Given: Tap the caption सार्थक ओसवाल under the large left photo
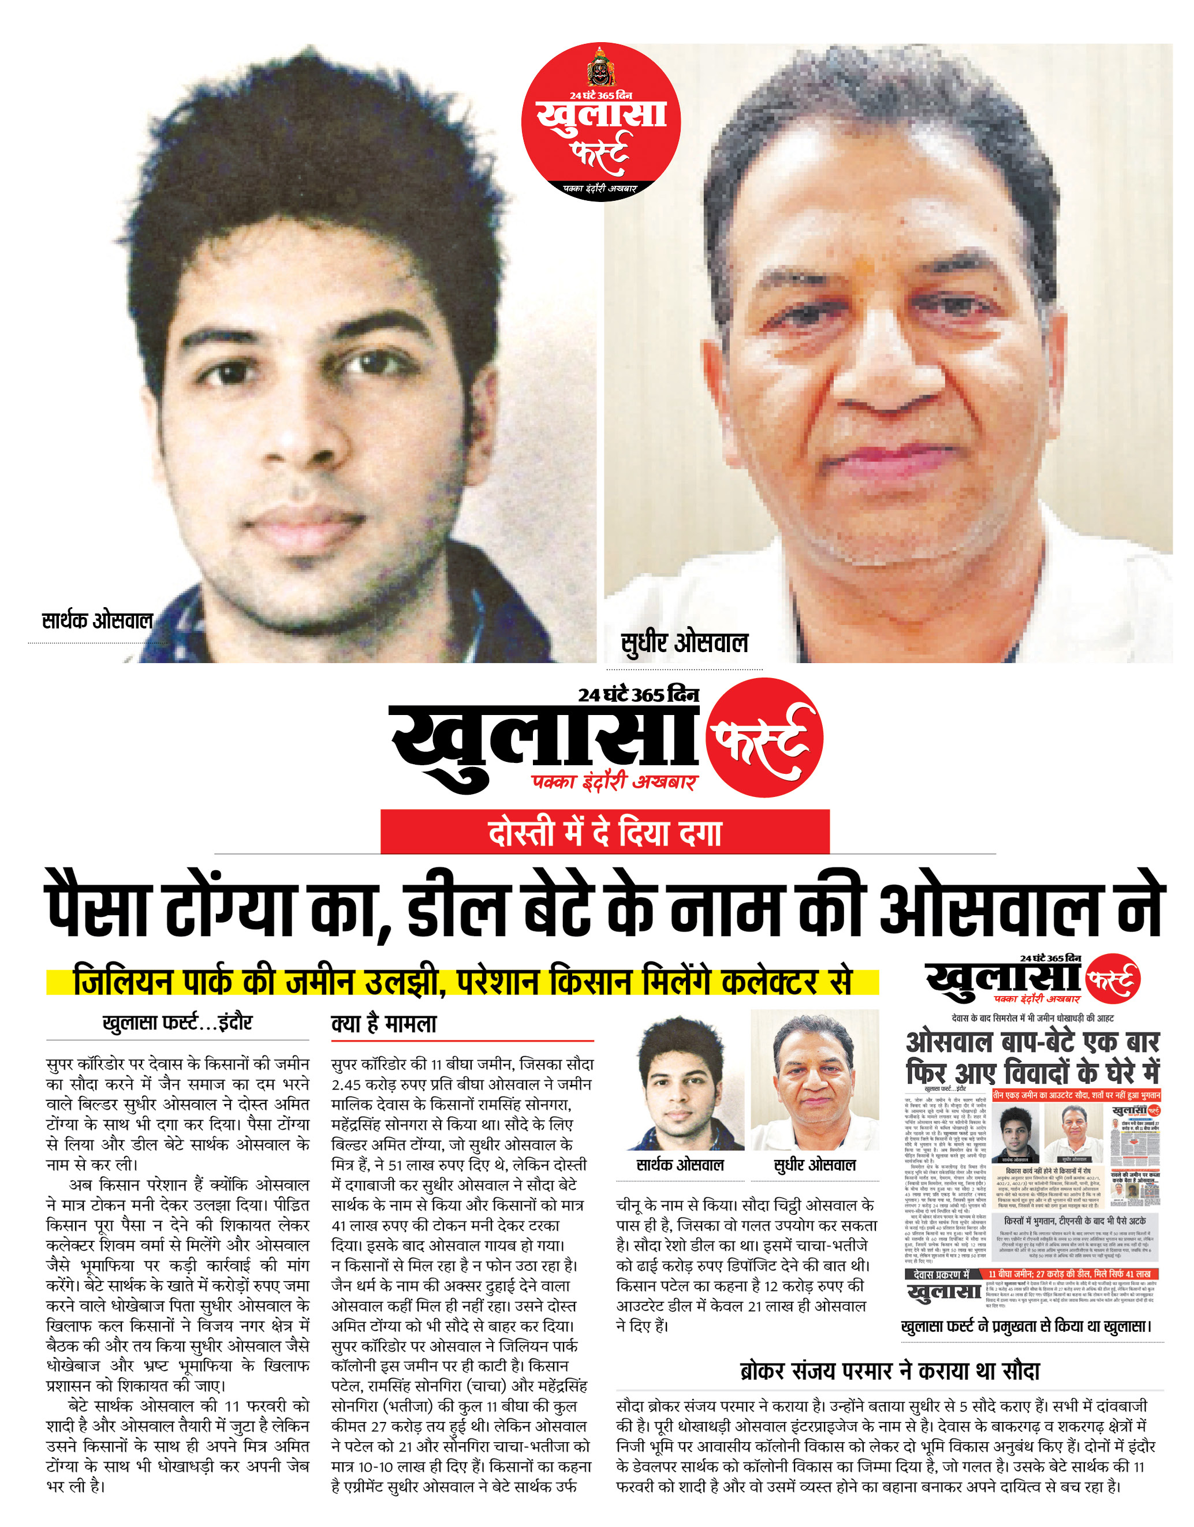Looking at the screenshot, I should (x=97, y=620).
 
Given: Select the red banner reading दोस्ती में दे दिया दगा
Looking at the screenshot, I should (x=605, y=832).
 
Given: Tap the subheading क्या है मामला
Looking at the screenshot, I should (x=383, y=1025).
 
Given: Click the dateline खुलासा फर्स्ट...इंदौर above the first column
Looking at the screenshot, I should (x=177, y=1023).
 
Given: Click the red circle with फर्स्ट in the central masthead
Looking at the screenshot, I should (x=764, y=738).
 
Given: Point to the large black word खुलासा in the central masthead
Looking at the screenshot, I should (x=546, y=744).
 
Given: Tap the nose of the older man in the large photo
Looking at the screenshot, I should (x=880, y=381).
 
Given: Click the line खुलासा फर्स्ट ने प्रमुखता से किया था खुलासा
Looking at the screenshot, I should (x=1025, y=1326).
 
